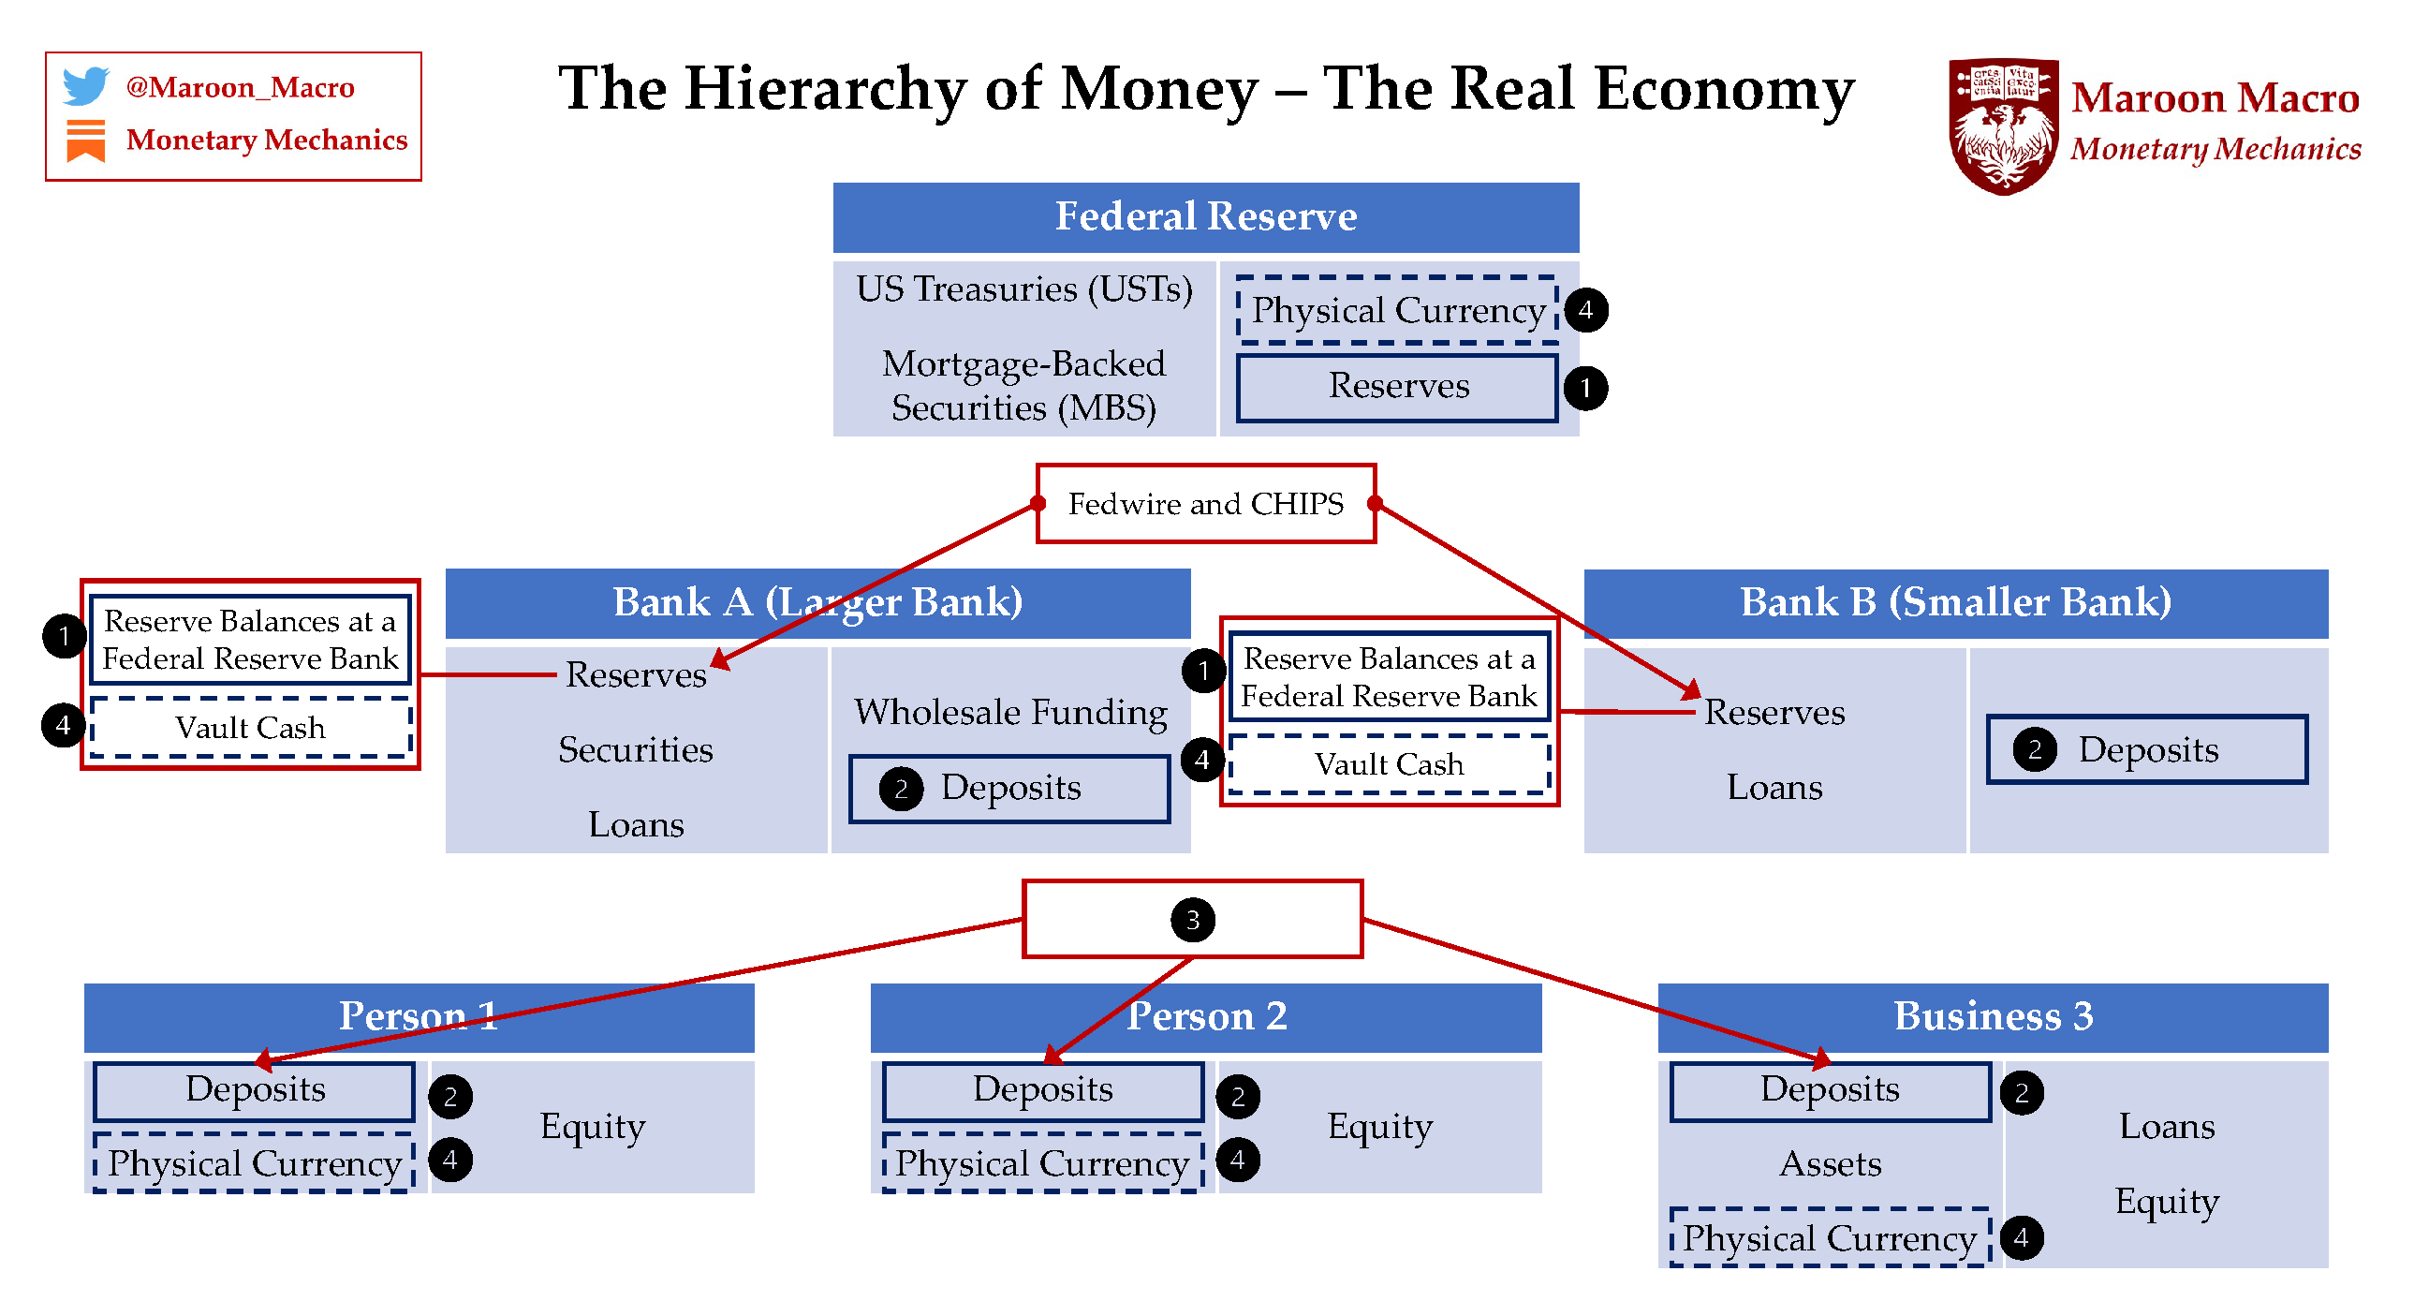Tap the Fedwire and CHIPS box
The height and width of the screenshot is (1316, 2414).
pyautogui.click(x=1205, y=504)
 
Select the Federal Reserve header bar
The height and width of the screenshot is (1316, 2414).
pyautogui.click(x=1205, y=216)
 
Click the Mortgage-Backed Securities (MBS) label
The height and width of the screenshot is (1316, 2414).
pyautogui.click(x=1023, y=385)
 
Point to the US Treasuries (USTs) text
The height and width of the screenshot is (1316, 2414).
pyautogui.click(x=1023, y=288)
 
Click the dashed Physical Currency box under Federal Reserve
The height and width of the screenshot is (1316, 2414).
pyautogui.click(x=1396, y=310)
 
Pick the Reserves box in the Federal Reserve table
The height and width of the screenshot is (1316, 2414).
pyautogui.click(x=1396, y=386)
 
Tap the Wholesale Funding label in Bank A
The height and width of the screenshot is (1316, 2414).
pyautogui.click(x=1010, y=713)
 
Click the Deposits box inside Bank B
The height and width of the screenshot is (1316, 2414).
pyautogui.click(x=2146, y=750)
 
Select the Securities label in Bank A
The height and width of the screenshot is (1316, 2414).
pyautogui.click(x=636, y=750)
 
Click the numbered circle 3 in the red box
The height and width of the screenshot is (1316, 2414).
pyautogui.click(x=1192, y=920)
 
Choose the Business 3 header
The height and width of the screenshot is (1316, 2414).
pyautogui.click(x=1993, y=1016)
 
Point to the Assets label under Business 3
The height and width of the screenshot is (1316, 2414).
pyautogui.click(x=1830, y=1164)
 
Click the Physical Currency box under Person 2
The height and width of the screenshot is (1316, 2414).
pyautogui.click(x=1042, y=1164)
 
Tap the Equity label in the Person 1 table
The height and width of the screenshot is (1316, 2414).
pyautogui.click(x=592, y=1127)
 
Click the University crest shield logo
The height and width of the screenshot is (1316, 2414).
pyautogui.click(x=2004, y=126)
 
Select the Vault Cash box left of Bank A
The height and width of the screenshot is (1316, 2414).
pyautogui.click(x=250, y=729)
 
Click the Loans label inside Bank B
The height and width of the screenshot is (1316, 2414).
pyautogui.click(x=1774, y=788)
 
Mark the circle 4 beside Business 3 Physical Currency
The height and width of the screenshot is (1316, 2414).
pyautogui.click(x=2022, y=1238)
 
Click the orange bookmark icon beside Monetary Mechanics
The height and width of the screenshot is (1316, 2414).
pyautogui.click(x=85, y=140)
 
